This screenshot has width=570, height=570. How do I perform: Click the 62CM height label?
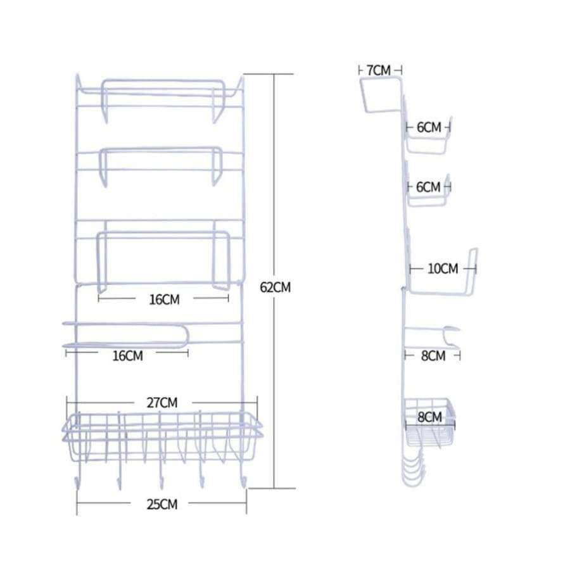point(275,287)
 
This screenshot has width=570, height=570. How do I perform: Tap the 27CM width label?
point(161,402)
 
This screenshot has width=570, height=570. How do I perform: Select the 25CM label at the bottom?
point(161,505)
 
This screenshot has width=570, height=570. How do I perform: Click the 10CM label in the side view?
point(442,269)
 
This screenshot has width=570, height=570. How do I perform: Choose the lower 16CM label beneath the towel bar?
point(127,356)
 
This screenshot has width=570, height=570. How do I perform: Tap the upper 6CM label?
point(428,127)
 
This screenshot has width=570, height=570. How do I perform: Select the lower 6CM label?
point(428,187)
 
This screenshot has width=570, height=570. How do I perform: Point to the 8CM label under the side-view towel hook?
point(433,356)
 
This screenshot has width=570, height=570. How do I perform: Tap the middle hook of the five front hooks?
point(160,484)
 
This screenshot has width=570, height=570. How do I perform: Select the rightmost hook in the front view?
point(244,484)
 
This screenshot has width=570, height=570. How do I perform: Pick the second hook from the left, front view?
point(119,484)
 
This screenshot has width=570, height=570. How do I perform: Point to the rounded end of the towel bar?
point(184,335)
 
